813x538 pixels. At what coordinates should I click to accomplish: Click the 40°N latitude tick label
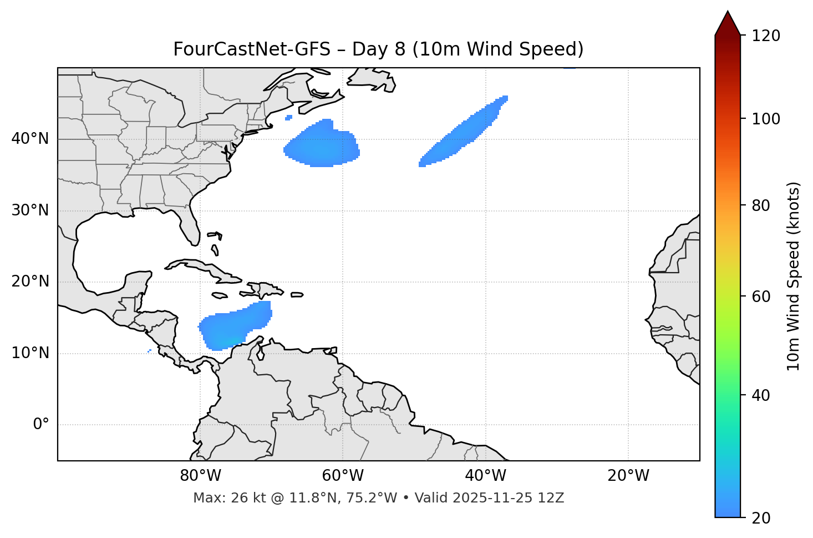coord(30,139)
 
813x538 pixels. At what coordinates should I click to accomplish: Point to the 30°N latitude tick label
coord(30,210)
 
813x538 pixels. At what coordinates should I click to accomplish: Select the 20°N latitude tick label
coord(30,281)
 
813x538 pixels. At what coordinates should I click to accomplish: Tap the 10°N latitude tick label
coord(30,353)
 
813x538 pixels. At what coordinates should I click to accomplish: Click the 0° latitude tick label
coord(41,424)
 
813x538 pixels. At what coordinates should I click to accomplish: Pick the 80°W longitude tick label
coord(200,476)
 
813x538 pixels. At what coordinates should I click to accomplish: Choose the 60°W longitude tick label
coord(343,476)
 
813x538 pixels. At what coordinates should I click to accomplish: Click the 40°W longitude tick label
coord(485,476)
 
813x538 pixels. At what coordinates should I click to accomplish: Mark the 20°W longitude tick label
coord(628,476)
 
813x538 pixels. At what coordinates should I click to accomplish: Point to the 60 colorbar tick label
coord(763,296)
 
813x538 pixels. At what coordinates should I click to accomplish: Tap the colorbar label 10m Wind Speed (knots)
coord(794,276)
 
